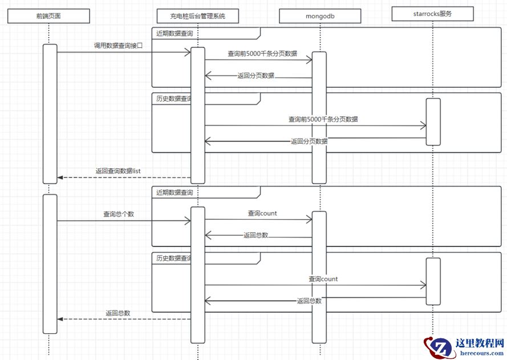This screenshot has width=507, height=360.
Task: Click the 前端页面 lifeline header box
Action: point(48,16)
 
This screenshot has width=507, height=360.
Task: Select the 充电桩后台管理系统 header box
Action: point(197,16)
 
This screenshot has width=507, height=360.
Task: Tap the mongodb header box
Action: point(320,16)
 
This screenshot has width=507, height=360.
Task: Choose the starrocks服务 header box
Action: point(433,14)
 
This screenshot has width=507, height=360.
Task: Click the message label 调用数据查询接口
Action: point(119,45)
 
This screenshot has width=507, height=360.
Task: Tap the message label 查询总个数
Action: point(119,215)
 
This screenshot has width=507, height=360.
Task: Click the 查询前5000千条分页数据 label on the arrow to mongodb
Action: point(262,54)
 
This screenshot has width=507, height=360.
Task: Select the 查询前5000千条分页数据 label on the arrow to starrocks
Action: point(323,120)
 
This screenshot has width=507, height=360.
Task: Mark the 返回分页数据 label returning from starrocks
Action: point(309,141)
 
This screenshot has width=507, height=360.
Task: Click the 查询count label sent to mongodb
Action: point(262,213)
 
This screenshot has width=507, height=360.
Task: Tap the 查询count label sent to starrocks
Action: point(323,280)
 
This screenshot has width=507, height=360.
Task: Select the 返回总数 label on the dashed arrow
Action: point(118,313)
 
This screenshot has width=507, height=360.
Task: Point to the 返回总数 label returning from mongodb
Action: point(255,235)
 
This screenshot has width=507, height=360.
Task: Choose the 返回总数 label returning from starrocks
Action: point(309,301)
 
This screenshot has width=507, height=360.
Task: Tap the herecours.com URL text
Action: point(480,353)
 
